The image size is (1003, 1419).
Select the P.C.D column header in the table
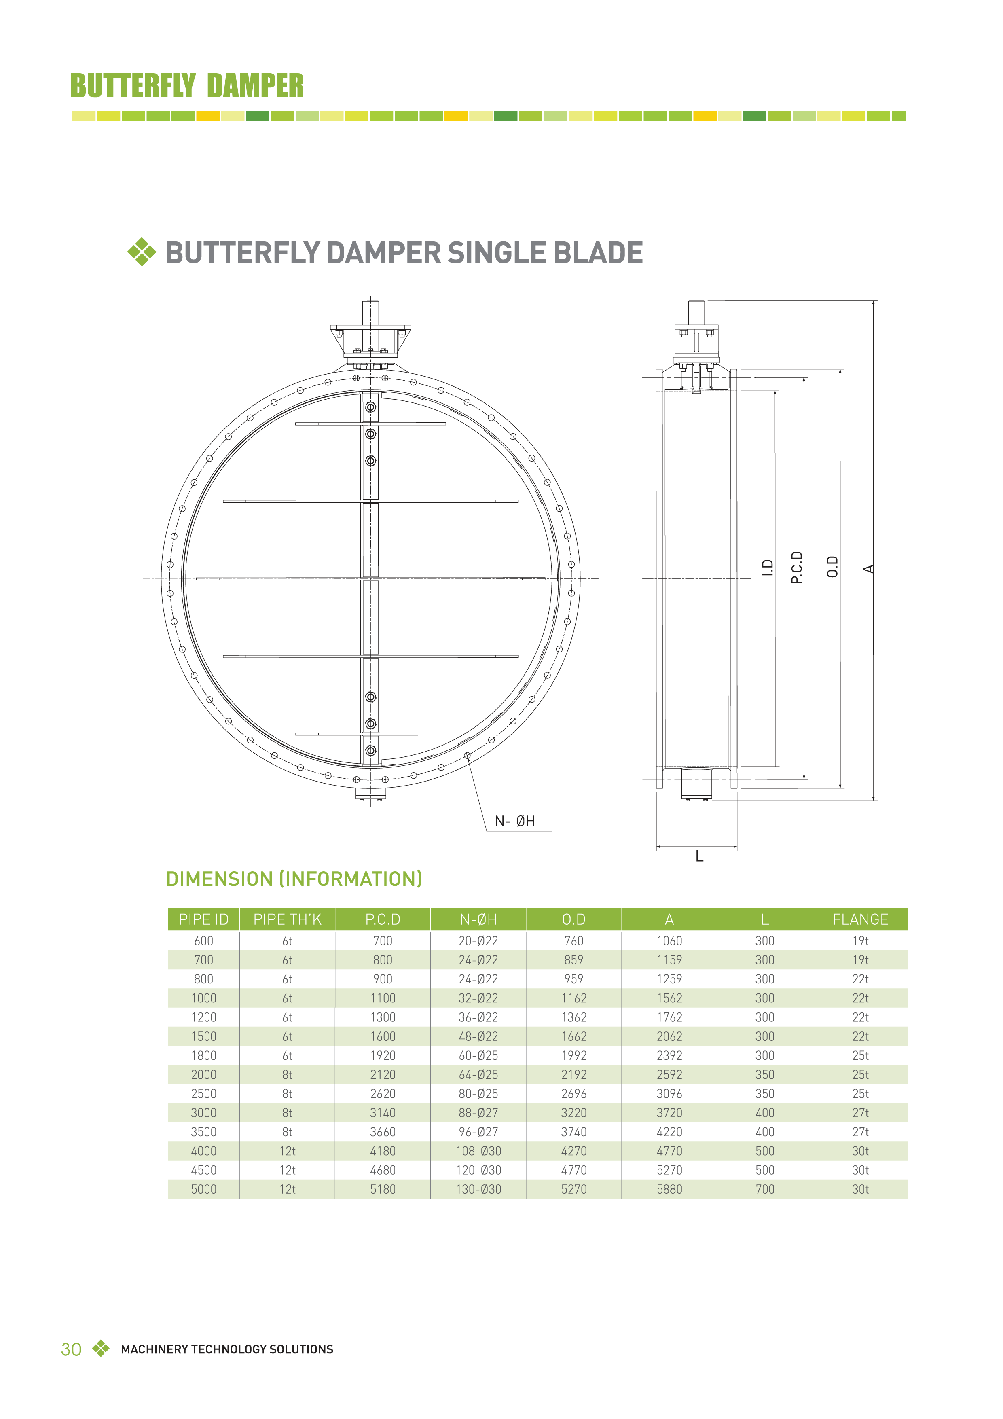383,919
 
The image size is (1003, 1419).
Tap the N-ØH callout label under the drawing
515,821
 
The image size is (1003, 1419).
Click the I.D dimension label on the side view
768,568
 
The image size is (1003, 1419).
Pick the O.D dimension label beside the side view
832,567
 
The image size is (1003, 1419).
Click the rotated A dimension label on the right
868,569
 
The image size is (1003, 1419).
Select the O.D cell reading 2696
573,1094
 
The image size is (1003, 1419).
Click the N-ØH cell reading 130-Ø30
478,1189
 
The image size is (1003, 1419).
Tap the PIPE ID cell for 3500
203,1132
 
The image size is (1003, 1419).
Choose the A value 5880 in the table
669,1189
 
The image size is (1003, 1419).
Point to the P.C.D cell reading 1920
383,1056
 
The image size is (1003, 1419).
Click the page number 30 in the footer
71,1349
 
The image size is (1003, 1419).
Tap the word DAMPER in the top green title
255,86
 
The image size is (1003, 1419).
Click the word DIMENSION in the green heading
219,879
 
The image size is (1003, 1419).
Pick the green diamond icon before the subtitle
142,252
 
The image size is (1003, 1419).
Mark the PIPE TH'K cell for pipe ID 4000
288,1151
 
